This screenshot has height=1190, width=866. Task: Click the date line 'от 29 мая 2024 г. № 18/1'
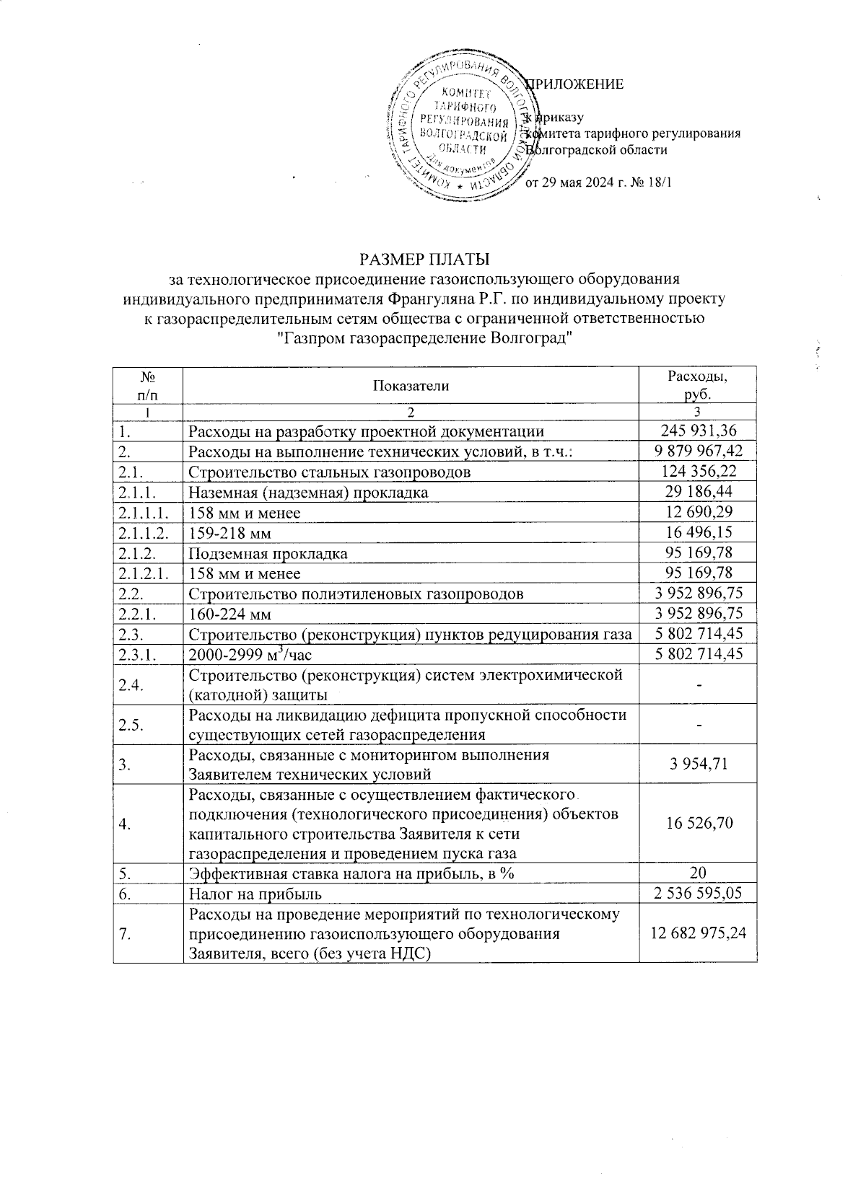(x=598, y=182)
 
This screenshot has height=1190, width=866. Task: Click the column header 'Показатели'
(x=411, y=385)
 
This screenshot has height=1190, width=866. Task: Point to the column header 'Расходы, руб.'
(x=697, y=385)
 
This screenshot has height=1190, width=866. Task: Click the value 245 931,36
(x=698, y=431)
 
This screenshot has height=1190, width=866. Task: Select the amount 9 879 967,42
(x=698, y=451)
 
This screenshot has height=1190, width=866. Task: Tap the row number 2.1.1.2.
(x=147, y=533)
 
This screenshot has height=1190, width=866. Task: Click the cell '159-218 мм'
(x=230, y=533)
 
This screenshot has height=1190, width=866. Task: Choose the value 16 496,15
(x=698, y=533)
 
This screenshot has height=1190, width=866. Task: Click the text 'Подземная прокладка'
(x=268, y=553)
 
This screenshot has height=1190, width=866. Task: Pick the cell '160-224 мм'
(x=230, y=614)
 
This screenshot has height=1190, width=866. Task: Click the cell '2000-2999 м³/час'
(x=250, y=654)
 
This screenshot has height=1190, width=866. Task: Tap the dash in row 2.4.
(x=698, y=684)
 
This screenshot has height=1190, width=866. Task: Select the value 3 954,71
(x=698, y=764)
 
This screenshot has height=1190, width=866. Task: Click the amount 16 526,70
(x=698, y=824)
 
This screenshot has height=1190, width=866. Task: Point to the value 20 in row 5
(x=698, y=873)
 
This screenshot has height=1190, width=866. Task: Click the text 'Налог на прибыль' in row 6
(x=255, y=894)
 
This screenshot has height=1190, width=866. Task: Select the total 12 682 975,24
(x=698, y=933)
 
